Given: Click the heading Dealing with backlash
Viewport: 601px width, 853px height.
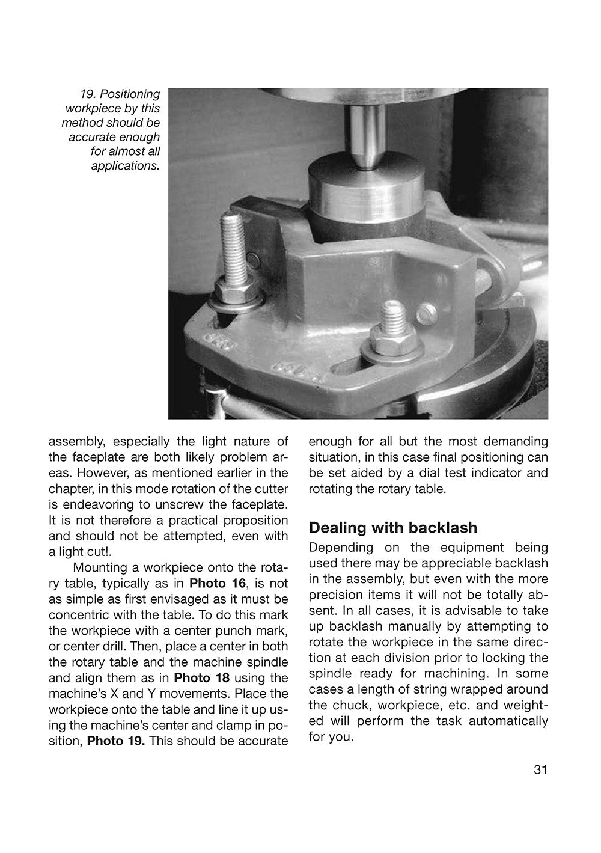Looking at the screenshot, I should point(392,527).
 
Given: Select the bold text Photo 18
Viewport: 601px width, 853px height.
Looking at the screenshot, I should point(202,678).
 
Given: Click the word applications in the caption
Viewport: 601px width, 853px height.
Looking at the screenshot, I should point(125,165).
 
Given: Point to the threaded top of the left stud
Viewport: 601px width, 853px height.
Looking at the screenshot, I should point(233,243).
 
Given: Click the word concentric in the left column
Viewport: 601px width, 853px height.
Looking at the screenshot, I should point(81,615).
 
